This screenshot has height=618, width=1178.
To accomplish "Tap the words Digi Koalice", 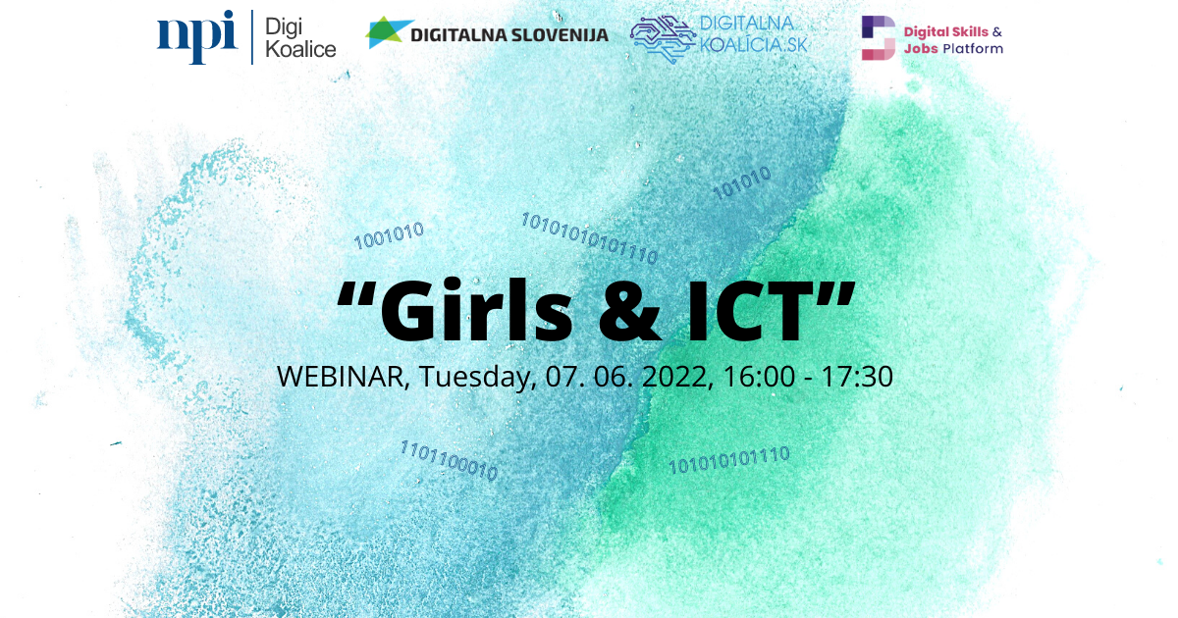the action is (300, 38).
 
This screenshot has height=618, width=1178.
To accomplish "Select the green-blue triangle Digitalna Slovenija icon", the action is (388, 32).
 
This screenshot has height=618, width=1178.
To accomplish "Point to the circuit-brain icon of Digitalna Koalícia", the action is (662, 38).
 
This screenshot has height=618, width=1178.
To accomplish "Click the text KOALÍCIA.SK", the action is (753, 45).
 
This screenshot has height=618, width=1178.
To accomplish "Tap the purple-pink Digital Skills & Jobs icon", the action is (879, 38).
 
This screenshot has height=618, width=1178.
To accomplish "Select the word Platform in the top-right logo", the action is (973, 49).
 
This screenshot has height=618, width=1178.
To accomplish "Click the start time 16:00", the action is (759, 377).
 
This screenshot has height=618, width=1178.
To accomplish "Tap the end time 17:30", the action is (857, 377).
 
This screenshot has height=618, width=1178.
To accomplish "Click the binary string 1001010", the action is (389, 235).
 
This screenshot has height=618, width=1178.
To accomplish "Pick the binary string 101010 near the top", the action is (741, 182).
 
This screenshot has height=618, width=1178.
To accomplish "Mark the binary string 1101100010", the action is (449, 461).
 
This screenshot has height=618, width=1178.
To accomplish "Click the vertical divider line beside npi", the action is (252, 37).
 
